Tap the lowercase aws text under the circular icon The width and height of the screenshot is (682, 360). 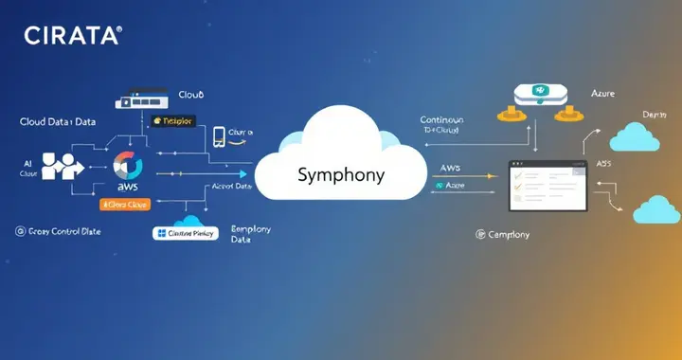coord(126,187)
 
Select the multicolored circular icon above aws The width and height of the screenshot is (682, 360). coord(127,167)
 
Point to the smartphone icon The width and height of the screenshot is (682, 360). coord(220,135)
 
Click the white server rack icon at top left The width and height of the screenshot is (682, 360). coord(141,98)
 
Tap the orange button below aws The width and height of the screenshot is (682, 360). coord(125,204)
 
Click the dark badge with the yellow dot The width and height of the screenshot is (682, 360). coord(172,121)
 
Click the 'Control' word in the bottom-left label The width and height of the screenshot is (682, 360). coord(73,231)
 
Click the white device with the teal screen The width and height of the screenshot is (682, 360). coord(539,94)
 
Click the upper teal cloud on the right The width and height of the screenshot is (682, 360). coord(635,137)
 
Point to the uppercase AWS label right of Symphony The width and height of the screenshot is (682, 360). coord(450,168)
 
